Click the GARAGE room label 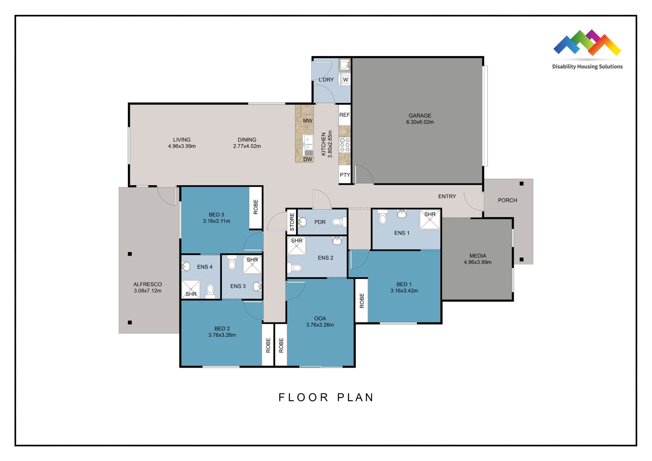[420, 115]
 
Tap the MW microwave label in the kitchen [308, 121]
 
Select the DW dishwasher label [308, 159]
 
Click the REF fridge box [344, 115]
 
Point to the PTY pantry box [345, 175]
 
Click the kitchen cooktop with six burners [344, 145]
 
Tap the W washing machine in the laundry [345, 80]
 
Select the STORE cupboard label [292, 222]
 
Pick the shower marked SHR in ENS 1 [430, 220]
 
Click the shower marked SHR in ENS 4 [191, 289]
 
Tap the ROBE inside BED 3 [256, 207]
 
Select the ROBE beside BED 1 [362, 301]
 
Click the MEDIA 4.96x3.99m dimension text [478, 262]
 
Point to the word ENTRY [447, 196]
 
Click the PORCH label [507, 200]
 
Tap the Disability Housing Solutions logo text [587, 66]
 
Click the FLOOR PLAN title [326, 397]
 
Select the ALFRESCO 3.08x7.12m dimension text [147, 291]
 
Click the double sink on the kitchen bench [308, 143]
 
